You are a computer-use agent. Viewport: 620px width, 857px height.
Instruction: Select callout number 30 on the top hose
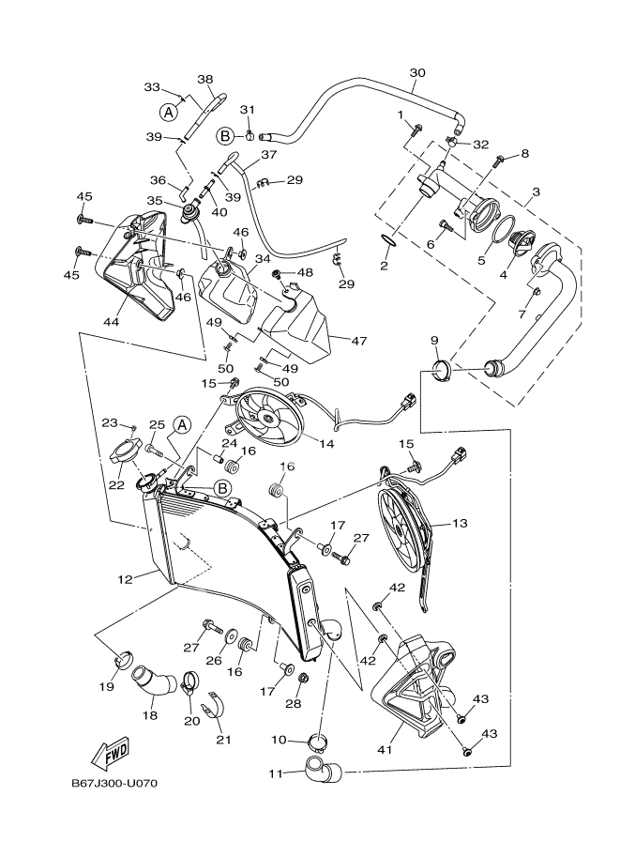coord(418,72)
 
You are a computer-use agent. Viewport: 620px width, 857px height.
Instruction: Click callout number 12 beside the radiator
coord(123,579)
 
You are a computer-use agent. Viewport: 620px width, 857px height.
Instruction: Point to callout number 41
coord(386,749)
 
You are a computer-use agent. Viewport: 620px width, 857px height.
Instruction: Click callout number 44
coord(111,321)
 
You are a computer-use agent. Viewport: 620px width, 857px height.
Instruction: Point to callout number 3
coord(535,191)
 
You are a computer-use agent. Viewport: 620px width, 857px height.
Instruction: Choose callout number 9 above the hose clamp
coord(434,340)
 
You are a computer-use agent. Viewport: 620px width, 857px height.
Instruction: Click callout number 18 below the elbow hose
coord(149,715)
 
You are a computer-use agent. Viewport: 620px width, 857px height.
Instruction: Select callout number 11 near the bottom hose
coord(276,774)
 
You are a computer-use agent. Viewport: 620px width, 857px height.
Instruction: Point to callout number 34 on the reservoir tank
coord(262,258)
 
